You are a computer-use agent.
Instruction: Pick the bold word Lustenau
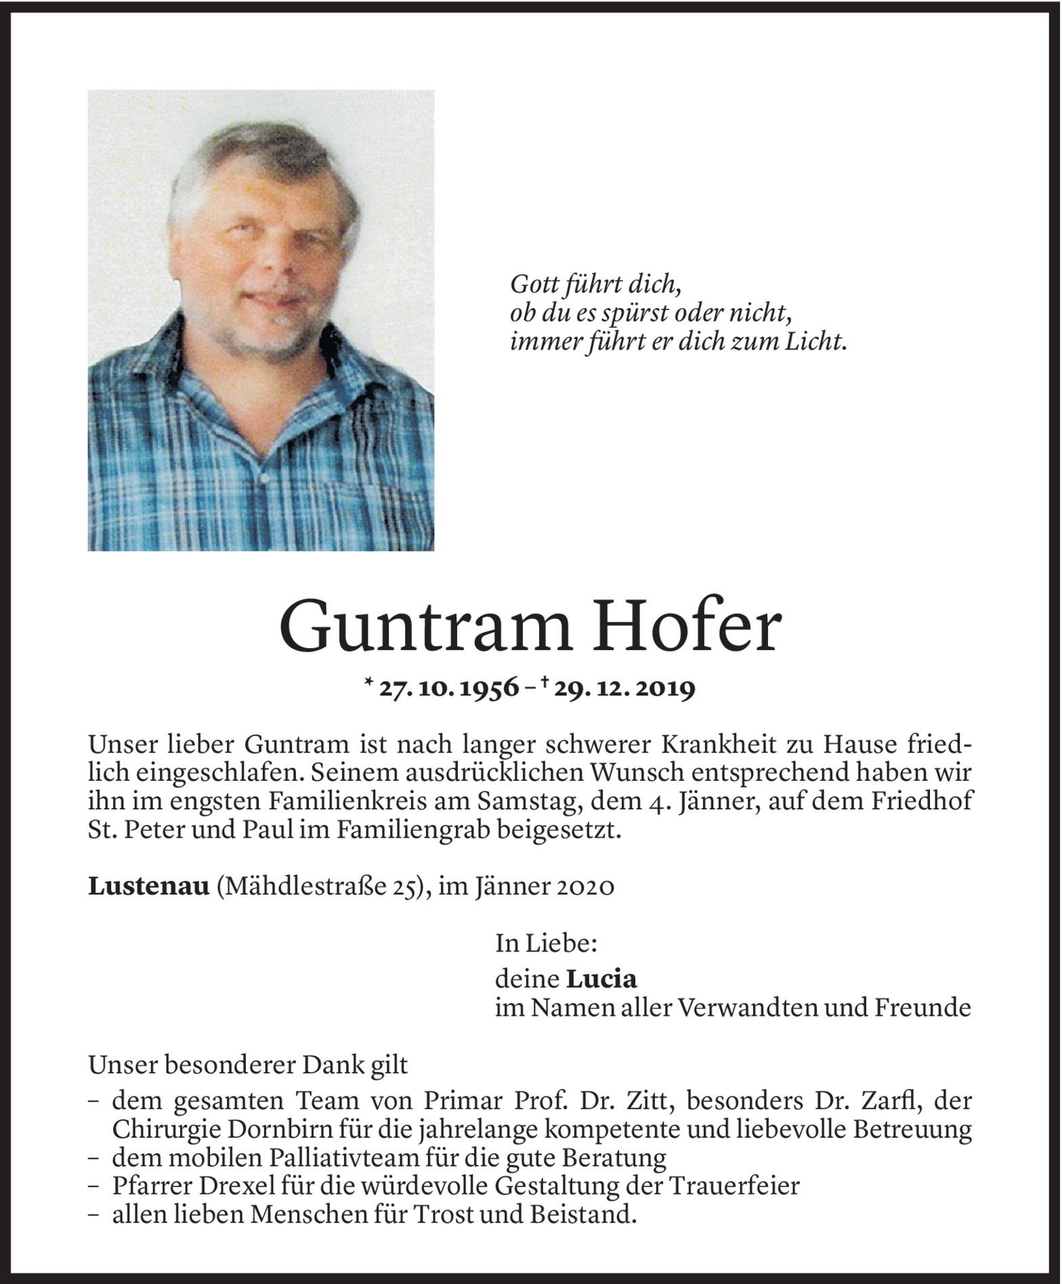click(148, 887)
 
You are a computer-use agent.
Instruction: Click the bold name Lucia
click(602, 979)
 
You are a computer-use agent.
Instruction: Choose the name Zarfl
click(883, 1101)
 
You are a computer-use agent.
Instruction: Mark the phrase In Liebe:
click(547, 943)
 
